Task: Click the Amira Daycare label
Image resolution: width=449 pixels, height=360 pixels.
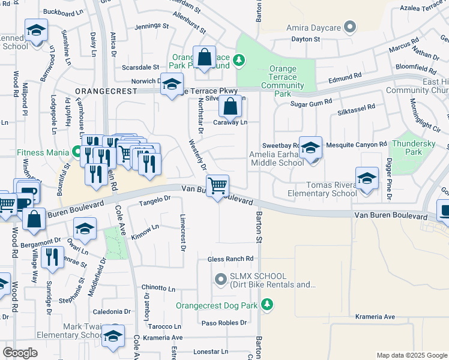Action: (312, 28)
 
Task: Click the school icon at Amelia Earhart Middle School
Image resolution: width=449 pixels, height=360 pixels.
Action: (310, 149)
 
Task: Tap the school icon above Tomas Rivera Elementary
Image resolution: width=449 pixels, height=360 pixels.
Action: (367, 178)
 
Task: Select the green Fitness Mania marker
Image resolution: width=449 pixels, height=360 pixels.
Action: (77, 152)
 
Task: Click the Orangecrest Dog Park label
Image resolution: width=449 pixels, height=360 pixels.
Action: (217, 305)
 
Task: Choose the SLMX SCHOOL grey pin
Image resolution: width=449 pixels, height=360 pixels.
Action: (220, 279)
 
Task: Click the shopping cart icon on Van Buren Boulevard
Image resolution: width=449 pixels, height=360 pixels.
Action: (217, 185)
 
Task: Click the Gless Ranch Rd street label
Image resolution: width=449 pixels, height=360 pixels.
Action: (231, 259)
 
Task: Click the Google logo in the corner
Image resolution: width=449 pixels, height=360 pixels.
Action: (20, 353)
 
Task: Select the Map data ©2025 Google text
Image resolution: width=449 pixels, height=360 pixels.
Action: (411, 355)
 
